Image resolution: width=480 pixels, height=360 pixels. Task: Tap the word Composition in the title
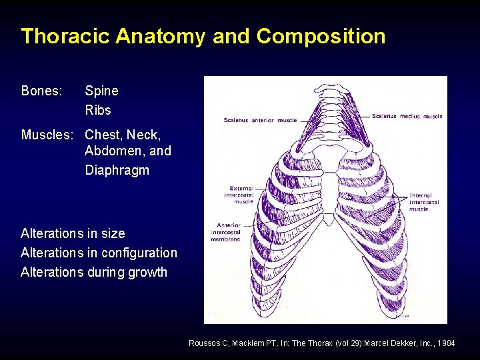[320, 36]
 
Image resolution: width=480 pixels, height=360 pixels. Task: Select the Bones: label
[41, 91]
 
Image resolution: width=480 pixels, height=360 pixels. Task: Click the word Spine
[101, 91]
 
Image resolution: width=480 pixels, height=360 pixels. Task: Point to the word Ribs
[98, 110]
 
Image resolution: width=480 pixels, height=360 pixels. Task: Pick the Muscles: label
[47, 135]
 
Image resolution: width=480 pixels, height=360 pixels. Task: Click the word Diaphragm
[117, 170]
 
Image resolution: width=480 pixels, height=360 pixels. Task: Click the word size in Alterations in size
[113, 233]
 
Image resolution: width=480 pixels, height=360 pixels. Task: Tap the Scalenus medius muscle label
[407, 116]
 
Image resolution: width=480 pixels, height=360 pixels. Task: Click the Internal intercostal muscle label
[424, 202]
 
